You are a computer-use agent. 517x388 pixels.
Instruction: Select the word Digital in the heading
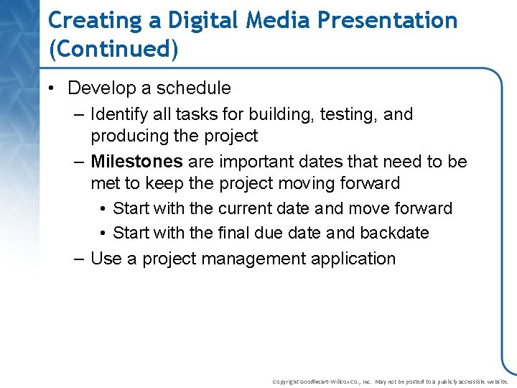coord(203,20)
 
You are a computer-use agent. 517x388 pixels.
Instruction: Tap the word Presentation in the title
coord(387,20)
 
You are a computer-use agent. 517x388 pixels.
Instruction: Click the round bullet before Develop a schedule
coord(53,89)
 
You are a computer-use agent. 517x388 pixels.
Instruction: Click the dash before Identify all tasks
coord(79,114)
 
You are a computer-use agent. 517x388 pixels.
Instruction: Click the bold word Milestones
coord(136,162)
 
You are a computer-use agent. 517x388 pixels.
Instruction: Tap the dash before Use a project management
coord(79,259)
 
